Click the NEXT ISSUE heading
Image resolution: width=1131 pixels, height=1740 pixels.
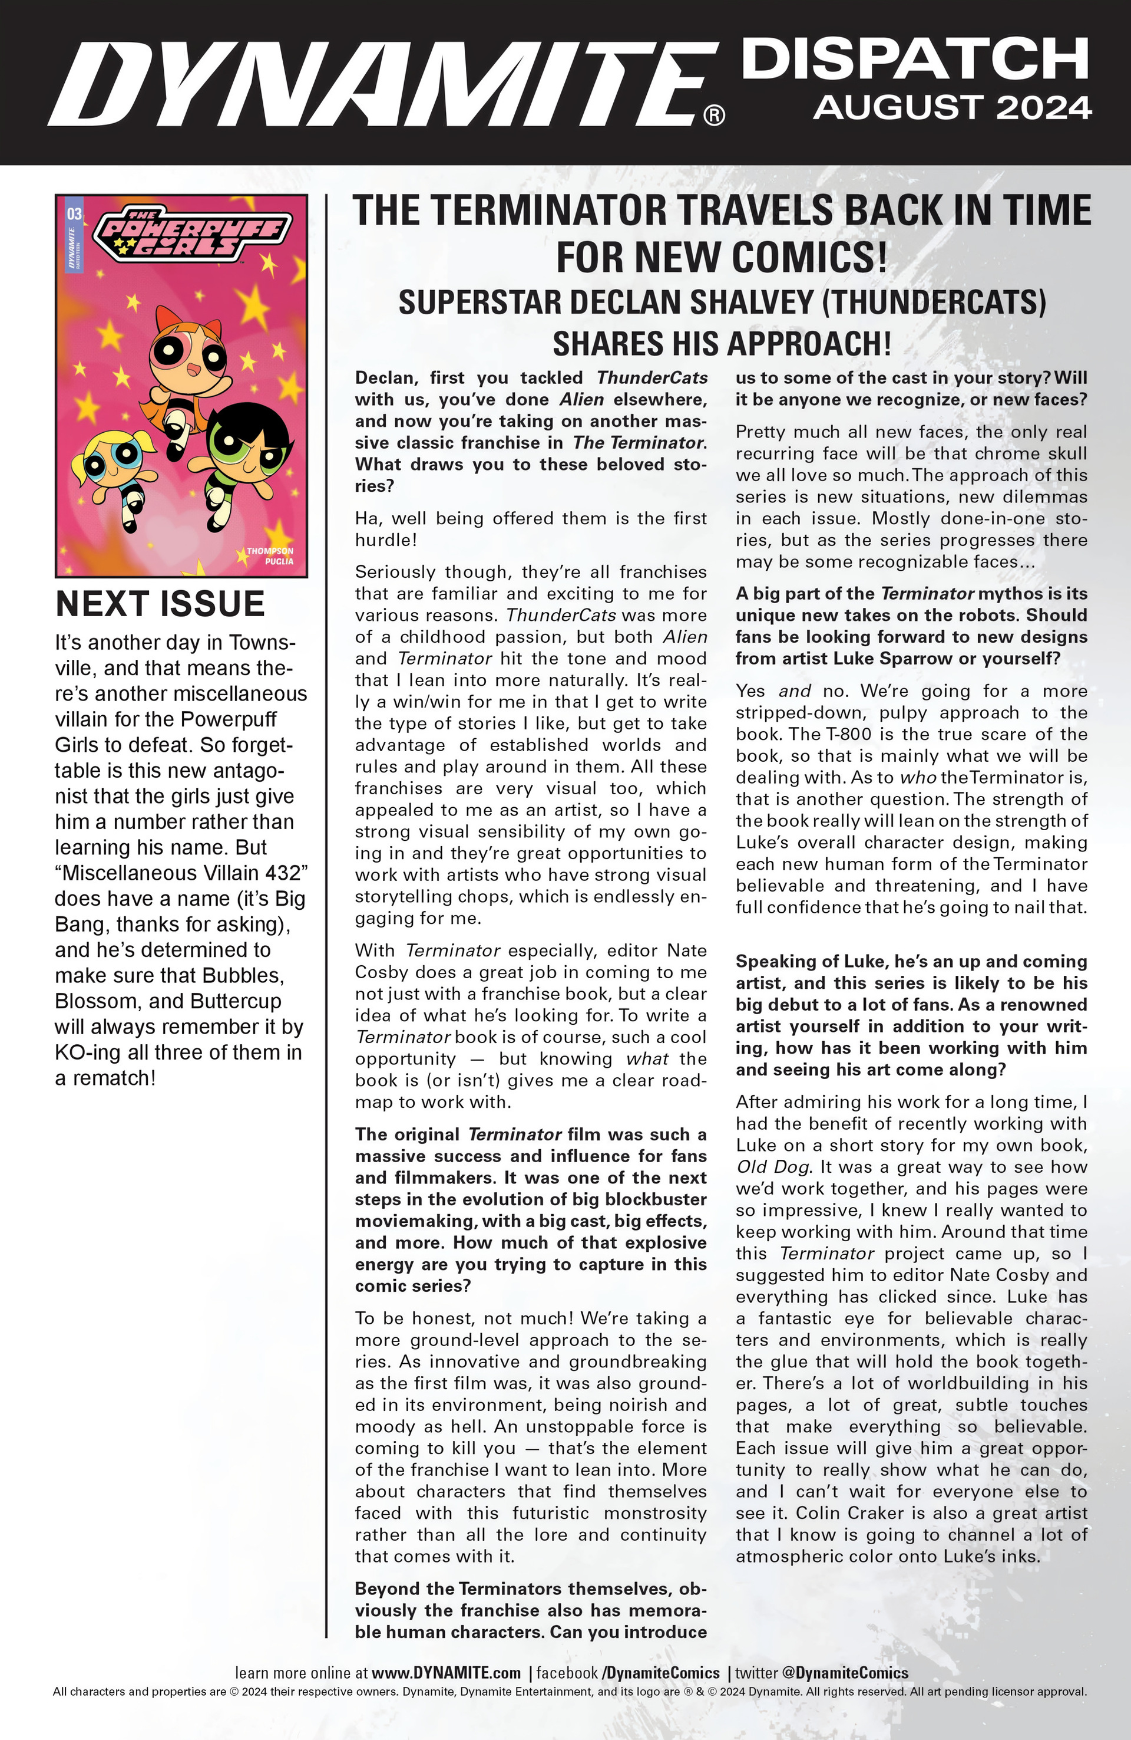tap(160, 604)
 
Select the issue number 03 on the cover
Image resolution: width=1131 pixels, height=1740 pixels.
tap(74, 214)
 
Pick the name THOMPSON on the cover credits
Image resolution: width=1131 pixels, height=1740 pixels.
tap(270, 551)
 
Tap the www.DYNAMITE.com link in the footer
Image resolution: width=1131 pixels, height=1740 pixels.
tap(446, 1673)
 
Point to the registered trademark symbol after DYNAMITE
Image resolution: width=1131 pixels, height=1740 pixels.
tap(713, 116)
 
